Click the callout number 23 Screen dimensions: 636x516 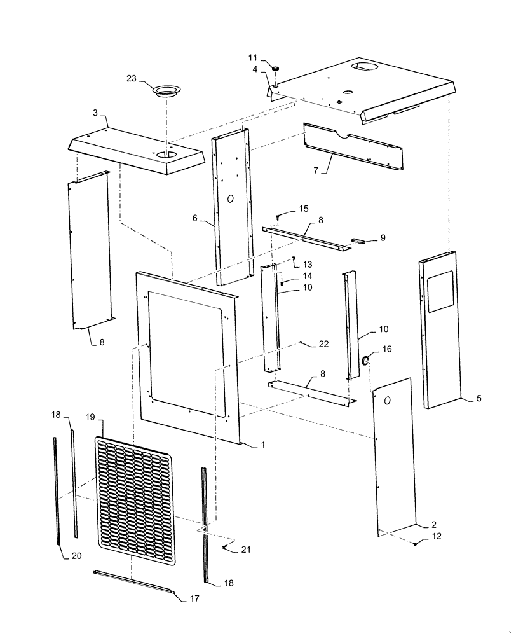132,79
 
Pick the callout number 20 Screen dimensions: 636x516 76,556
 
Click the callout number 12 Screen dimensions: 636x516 435,536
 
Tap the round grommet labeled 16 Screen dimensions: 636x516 367,361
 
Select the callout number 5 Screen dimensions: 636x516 479,399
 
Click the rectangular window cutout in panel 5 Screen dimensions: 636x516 439,292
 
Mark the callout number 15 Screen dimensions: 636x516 303,209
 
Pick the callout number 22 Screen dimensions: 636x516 324,344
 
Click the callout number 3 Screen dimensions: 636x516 95,113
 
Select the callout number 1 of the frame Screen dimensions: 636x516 261,446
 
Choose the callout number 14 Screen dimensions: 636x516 308,276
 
